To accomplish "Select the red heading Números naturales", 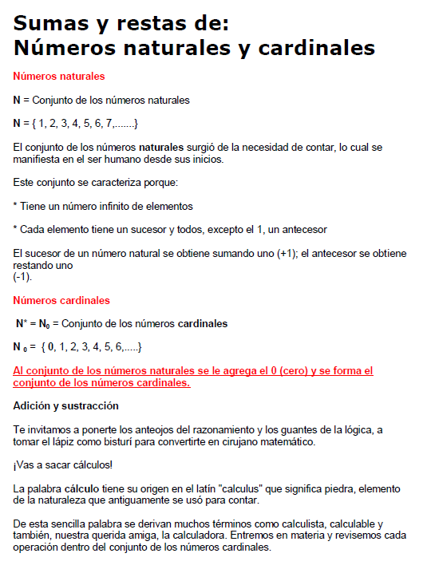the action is point(59,77).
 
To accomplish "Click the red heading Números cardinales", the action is point(61,301).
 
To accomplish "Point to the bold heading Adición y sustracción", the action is point(65,405).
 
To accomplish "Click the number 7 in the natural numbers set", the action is point(109,124).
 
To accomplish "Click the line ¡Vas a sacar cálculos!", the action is point(61,464).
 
